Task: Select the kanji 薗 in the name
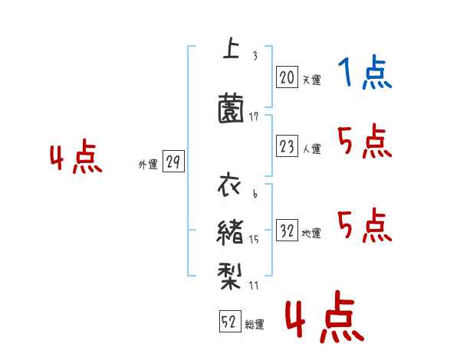pos(231,108)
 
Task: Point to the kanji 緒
pos(231,231)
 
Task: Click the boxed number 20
pos(287,77)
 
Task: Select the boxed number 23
pos(287,147)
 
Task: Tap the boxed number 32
pos(287,231)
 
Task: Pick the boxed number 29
pos(173,162)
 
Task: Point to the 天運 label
pos(311,79)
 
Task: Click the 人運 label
pos(311,149)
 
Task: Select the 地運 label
pos(311,233)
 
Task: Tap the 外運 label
pos(147,164)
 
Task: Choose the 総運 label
pos(255,324)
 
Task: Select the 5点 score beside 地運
pos(365,225)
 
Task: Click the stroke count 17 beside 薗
pos(255,116)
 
